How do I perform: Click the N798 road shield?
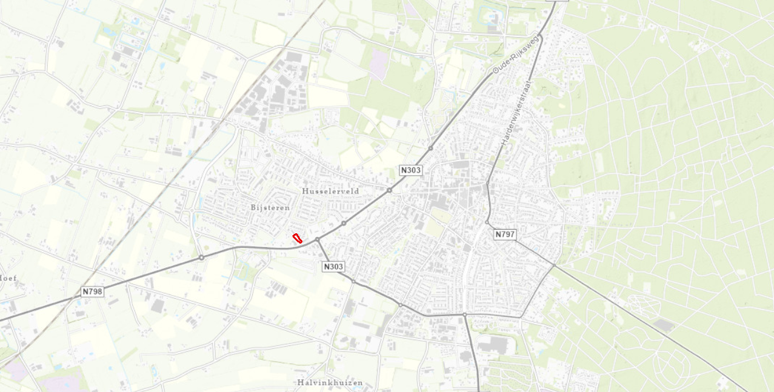click(92, 291)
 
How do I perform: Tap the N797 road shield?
click(504, 234)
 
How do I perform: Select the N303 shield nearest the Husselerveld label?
click(410, 170)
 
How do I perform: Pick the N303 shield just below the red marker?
click(333, 266)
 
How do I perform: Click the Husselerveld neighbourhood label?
click(330, 191)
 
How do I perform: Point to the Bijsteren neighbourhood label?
click(270, 207)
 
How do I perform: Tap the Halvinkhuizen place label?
click(330, 382)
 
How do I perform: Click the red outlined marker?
click(298, 238)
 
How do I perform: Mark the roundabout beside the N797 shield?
click(487, 222)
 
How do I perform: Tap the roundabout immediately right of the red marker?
click(317, 240)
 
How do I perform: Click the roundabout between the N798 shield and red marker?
click(201, 257)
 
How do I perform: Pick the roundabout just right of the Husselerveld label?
click(389, 190)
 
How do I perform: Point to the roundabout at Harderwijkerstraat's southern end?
click(487, 182)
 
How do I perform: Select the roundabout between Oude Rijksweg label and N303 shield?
click(430, 148)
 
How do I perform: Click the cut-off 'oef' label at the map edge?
click(8, 278)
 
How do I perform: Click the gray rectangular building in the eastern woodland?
click(664, 325)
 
